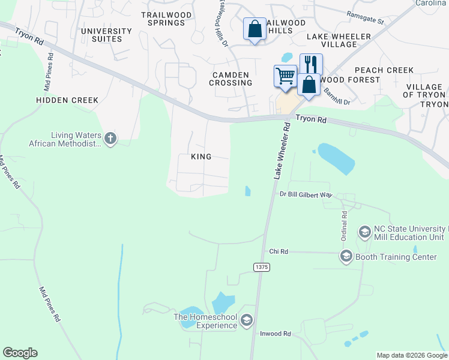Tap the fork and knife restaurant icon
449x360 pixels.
click(311, 64)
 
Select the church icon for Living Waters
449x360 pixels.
click(110, 139)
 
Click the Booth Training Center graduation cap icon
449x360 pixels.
click(346, 257)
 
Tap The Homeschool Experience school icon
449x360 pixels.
click(246, 321)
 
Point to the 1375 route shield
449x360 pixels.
click(261, 267)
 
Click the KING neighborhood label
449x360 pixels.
click(201, 157)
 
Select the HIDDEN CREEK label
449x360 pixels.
click(67, 100)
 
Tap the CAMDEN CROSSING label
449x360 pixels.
click(231, 79)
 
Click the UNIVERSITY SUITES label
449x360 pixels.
click(106, 35)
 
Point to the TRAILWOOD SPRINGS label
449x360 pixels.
click(163, 19)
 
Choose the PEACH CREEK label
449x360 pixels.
click(384, 70)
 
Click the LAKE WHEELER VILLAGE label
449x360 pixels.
click(339, 40)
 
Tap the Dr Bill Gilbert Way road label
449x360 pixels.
click(306, 194)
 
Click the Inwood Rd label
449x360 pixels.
click(276, 334)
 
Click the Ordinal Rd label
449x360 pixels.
click(345, 221)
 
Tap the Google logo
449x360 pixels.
click(20, 353)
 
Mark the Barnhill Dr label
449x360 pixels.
click(336, 96)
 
